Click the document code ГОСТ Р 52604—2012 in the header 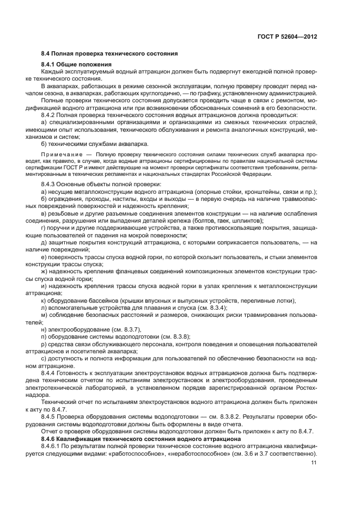[x=288, y=36]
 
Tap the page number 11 [x=314, y=463]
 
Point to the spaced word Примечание [x=60, y=155]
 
